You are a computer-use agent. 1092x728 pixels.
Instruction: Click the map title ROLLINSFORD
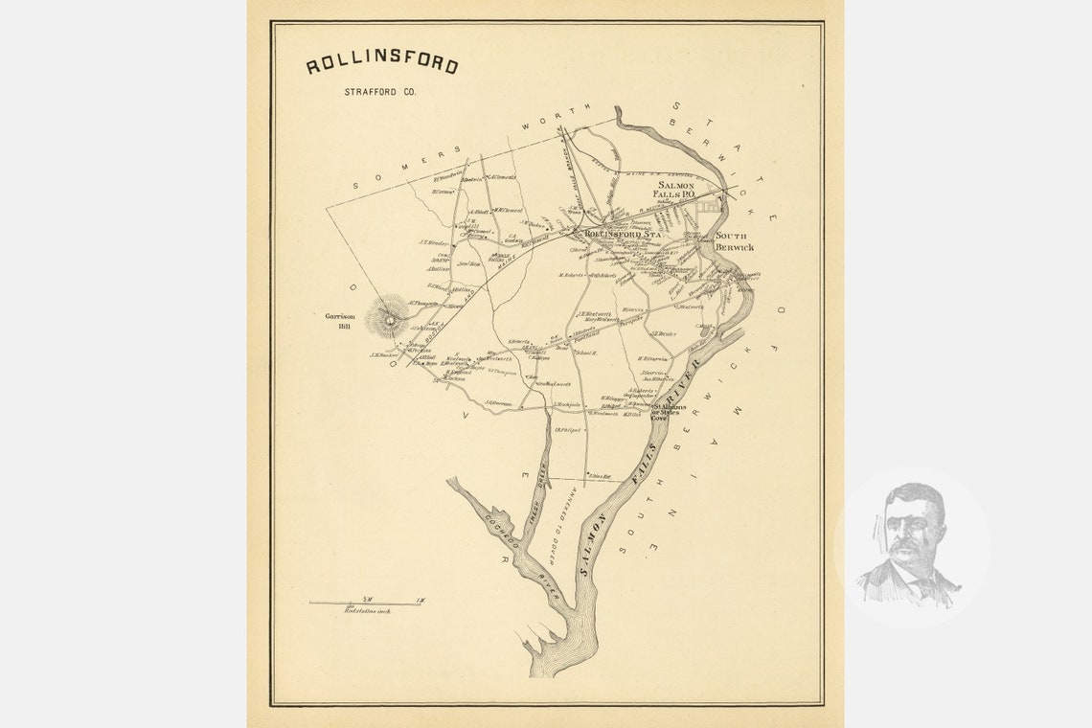tap(381, 65)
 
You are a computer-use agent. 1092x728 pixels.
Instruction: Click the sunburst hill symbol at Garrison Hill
tap(390, 317)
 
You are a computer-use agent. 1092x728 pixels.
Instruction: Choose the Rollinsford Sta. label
tap(625, 233)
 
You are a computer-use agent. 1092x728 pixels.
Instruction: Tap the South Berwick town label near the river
tap(735, 241)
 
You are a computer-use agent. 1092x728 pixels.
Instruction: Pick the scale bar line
tap(365, 603)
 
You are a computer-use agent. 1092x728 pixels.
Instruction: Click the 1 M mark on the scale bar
tap(420, 600)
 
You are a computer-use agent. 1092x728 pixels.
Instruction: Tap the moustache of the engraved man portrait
tap(905, 548)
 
